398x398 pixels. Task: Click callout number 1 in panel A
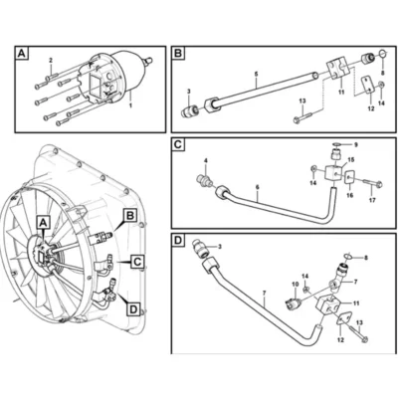[130, 105]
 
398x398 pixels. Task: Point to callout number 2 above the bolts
[51, 61]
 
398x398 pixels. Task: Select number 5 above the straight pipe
[257, 74]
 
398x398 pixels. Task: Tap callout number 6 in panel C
[258, 187]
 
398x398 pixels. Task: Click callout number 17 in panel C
[372, 200]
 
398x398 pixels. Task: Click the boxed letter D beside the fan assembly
[133, 309]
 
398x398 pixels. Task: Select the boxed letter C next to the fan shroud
[136, 262]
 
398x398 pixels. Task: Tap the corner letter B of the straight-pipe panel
[178, 54]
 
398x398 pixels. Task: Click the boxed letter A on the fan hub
[43, 223]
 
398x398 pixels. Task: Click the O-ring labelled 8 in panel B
[382, 53]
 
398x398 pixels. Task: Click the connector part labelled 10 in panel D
[293, 299]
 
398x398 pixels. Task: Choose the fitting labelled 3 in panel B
[190, 110]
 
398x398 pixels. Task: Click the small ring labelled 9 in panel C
[337, 144]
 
